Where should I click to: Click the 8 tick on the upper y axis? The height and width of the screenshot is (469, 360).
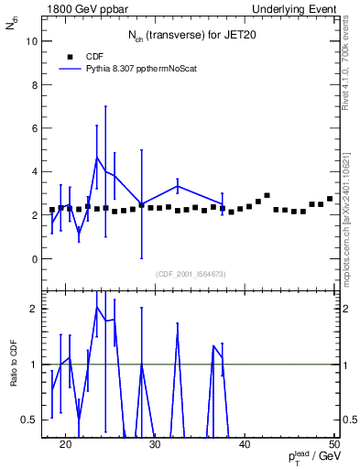35,84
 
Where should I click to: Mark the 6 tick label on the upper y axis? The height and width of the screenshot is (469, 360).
35,128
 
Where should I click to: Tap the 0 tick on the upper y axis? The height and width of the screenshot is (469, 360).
35,259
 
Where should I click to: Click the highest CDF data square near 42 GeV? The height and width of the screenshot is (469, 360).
267,195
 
